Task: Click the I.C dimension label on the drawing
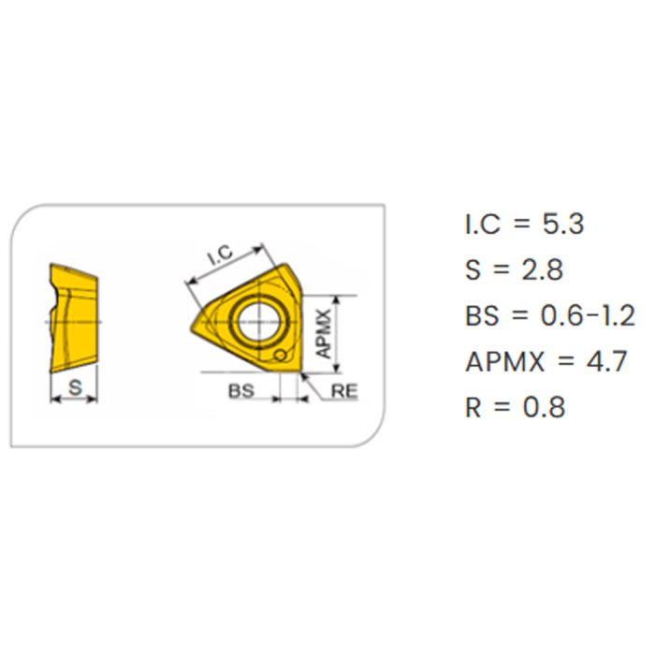tap(221, 255)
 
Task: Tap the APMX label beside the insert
tap(324, 333)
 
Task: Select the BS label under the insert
tap(241, 391)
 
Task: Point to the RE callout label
tap(344, 391)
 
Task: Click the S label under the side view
tap(75, 387)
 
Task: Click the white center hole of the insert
tap(258, 322)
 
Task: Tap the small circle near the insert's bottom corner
tap(280, 356)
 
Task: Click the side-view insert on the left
tap(74, 317)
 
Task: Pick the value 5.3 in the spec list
tap(562, 224)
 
